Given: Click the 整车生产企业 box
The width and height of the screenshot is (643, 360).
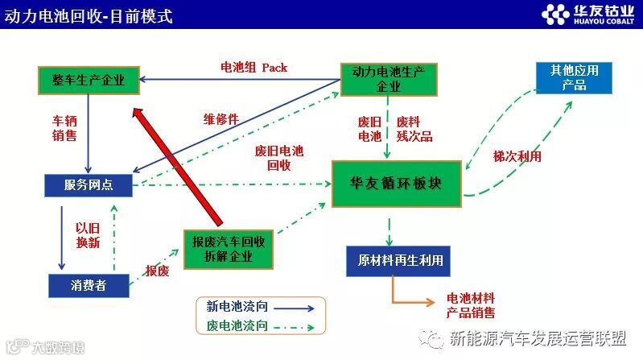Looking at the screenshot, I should tap(89, 79).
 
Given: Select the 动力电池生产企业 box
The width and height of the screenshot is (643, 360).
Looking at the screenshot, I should tap(388, 79).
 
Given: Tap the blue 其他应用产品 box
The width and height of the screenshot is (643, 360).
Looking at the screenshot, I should tap(573, 77).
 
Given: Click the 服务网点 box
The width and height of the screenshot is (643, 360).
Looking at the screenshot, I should tap(89, 185).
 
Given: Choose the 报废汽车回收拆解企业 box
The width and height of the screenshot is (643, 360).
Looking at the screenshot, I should tap(229, 249).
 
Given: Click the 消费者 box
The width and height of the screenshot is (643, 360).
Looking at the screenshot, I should tap(89, 284).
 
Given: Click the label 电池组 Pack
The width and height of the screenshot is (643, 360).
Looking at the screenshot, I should tap(254, 68).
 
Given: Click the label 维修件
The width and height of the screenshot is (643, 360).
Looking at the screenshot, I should tap(220, 119).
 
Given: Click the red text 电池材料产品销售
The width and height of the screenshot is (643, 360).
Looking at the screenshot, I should tap(471, 305).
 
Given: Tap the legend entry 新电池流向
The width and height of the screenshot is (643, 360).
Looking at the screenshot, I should tap(259, 306).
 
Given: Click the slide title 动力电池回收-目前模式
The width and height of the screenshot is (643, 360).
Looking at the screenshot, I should tap(89, 15).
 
